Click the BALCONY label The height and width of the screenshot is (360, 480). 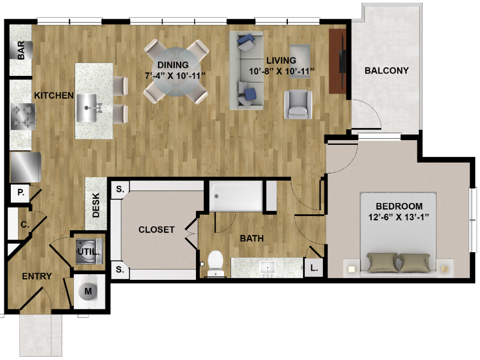(x=387, y=71)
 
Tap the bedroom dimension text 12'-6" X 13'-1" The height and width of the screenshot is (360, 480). (x=398, y=217)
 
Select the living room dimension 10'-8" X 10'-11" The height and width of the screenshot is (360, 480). (x=281, y=71)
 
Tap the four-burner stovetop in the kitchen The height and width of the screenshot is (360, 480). (x=22, y=117)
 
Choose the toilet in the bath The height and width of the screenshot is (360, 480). (x=216, y=263)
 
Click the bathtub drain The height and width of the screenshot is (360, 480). (x=217, y=196)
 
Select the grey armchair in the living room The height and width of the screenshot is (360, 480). (x=298, y=105)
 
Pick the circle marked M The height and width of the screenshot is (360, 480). (x=88, y=291)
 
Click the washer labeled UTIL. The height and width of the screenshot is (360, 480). (x=89, y=252)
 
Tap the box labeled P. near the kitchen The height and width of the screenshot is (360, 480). (x=21, y=193)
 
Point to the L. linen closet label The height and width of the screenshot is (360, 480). (x=314, y=268)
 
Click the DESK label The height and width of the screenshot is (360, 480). (x=96, y=205)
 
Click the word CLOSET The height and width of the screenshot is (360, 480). (x=157, y=230)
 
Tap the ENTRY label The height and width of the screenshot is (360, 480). (x=37, y=276)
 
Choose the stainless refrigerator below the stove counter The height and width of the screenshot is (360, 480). (x=26, y=167)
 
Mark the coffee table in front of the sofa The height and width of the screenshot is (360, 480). (x=300, y=61)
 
